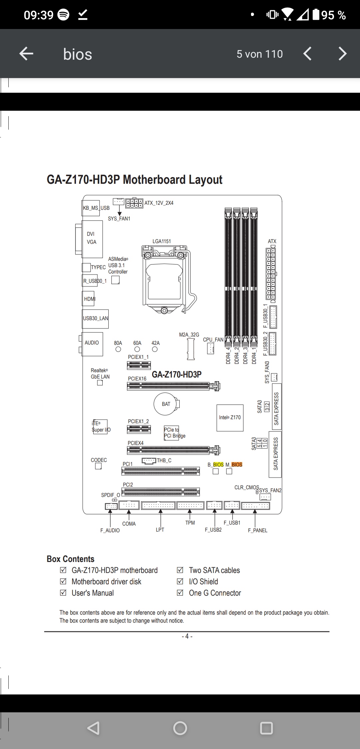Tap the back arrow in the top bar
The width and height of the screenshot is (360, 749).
click(x=26, y=54)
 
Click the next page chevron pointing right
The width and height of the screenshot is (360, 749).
click(x=343, y=54)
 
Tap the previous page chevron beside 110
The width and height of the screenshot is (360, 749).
click(x=307, y=54)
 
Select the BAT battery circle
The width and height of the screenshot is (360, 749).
click(x=166, y=404)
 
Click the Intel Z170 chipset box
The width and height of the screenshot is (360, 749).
click(x=230, y=418)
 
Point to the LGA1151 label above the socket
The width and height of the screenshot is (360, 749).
click(x=162, y=241)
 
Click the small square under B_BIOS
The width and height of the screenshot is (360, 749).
click(x=216, y=471)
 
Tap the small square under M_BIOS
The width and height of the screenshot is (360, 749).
click(x=229, y=471)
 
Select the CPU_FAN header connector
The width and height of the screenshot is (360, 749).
click(x=210, y=349)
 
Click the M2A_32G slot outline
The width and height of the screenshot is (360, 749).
click(x=191, y=349)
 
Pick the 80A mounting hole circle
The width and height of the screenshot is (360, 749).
click(x=118, y=349)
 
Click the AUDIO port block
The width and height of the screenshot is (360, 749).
click(x=92, y=344)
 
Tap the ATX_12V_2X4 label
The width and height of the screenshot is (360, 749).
click(x=159, y=203)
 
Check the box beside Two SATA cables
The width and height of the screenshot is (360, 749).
click(x=180, y=570)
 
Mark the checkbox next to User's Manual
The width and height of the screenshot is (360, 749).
click(x=63, y=593)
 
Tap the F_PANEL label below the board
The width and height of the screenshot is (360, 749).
click(x=258, y=530)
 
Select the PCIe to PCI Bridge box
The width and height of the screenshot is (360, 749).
click(x=171, y=433)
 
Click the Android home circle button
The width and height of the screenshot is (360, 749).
click(x=180, y=728)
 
